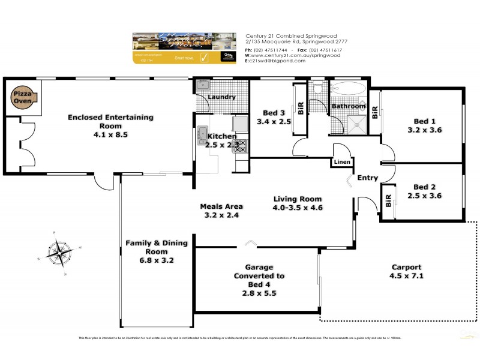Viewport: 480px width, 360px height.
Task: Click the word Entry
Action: [367, 178]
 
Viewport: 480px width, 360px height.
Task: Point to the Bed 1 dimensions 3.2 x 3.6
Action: [424, 130]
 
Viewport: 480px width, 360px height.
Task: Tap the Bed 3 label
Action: [274, 113]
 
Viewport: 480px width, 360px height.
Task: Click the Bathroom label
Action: [349, 106]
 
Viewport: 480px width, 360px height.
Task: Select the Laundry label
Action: [221, 97]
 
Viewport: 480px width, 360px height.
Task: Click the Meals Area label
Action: [221, 206]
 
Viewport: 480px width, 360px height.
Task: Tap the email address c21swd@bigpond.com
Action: [274, 61]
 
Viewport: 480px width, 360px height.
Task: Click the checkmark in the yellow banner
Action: [203, 58]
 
